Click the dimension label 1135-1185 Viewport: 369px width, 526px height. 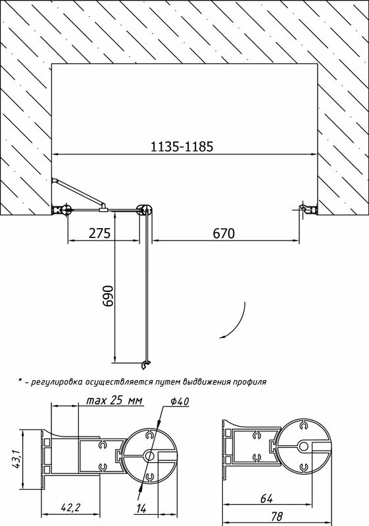coord(182,147)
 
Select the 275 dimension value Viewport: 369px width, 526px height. coord(99,233)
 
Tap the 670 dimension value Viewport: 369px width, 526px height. coord(224,233)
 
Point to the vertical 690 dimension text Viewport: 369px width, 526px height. coord(109,296)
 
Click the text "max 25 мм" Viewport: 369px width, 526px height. coord(114,400)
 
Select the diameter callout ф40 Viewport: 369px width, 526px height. coord(180,401)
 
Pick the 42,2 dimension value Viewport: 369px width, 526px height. coord(70,508)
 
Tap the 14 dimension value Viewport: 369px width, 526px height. coord(142,508)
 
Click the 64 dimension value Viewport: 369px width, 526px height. coord(266,498)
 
